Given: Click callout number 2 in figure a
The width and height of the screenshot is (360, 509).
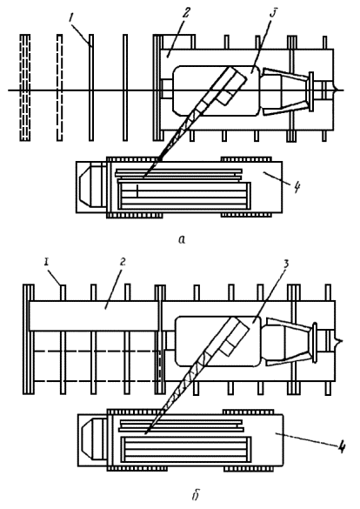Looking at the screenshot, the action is coord(186,13).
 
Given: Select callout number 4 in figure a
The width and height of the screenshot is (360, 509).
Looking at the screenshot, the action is coord(297,187).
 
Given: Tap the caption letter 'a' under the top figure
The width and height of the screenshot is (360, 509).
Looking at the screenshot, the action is coord(183,239).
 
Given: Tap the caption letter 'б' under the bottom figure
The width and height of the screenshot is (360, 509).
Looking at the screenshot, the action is coord(195,495).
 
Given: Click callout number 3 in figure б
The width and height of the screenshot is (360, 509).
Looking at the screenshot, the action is coord(286,265).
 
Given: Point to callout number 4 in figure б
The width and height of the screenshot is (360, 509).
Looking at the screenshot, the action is coord(341,448).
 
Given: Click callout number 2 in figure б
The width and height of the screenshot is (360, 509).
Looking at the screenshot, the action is coord(122,262).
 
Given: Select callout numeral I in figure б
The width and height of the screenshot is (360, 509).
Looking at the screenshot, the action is coord(47,262).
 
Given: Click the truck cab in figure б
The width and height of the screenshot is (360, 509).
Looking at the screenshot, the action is coord(93,440).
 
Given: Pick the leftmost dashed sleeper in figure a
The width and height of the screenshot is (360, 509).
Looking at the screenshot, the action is coord(25,87).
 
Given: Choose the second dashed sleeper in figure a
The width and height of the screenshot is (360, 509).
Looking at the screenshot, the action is coord(60,87).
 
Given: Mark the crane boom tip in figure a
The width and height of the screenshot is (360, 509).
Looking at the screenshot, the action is coord(144,177).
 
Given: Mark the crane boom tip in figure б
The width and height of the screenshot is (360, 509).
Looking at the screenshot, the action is coord(145,433).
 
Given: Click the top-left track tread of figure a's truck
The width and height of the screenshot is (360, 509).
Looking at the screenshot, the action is coord(134,158).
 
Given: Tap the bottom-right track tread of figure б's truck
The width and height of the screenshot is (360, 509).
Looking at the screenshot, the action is coord(248,468).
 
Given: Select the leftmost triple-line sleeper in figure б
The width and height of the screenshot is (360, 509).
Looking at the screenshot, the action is coord(28,339).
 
